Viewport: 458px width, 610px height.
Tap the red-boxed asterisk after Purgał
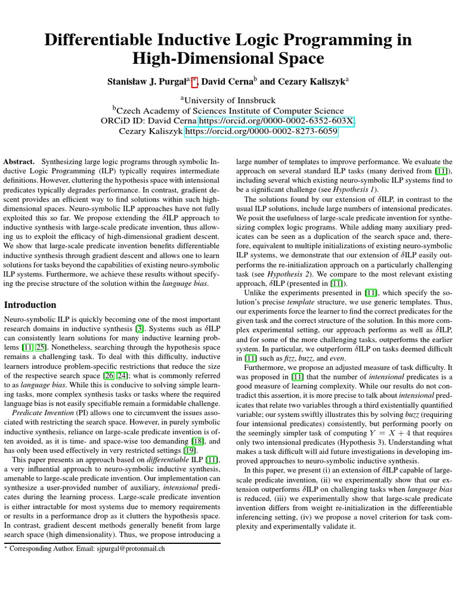pyautogui.click(x=194, y=79)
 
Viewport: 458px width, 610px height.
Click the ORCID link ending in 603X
pyautogui.click(x=276, y=122)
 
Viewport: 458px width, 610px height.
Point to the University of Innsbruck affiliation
pyautogui.click(x=229, y=100)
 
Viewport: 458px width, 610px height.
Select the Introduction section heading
pyautogui.click(x=30, y=304)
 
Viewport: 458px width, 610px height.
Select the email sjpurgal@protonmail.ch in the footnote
pyautogui.click(x=129, y=549)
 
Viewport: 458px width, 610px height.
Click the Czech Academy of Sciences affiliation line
pyautogui.click(x=229, y=111)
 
